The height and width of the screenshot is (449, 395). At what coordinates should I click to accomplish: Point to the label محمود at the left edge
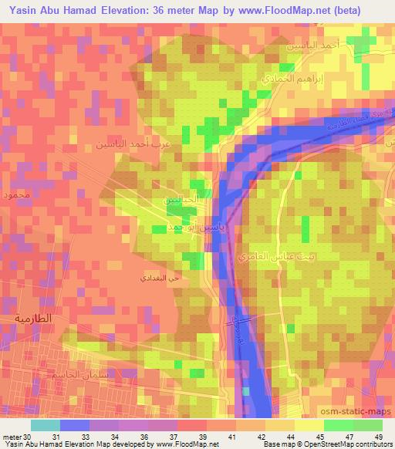(16, 195)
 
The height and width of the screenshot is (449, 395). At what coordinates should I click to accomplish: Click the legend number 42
(249, 437)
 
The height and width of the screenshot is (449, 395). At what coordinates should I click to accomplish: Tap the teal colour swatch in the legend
(46, 425)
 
